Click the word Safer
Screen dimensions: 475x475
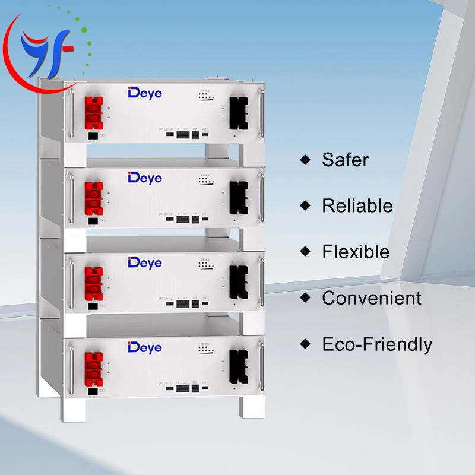(345, 160)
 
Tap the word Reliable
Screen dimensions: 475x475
(357, 206)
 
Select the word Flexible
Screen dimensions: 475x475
(356, 252)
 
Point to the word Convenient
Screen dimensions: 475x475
(371, 298)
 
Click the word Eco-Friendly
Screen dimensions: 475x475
(377, 344)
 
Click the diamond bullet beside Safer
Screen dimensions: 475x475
(306, 160)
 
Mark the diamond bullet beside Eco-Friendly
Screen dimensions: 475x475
(306, 344)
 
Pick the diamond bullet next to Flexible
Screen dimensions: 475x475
(306, 252)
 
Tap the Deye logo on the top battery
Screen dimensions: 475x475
(144, 93)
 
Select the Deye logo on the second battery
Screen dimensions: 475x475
(144, 178)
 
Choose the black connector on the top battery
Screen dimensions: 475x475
(238, 113)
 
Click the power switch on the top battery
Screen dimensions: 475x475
(93, 135)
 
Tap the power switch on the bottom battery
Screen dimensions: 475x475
(93, 391)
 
